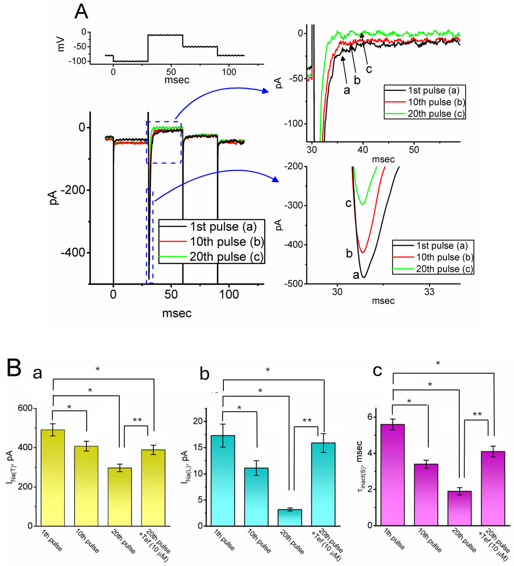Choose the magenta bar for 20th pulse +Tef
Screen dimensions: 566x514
coord(493,489)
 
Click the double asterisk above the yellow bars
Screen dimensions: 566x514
coord(137,420)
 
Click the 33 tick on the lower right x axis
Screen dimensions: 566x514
coord(429,292)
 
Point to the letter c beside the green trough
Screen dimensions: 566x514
coord(348,203)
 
